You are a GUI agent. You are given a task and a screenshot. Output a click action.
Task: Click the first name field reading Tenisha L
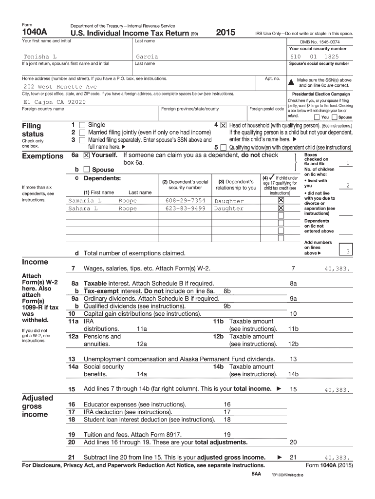(x=40, y=57)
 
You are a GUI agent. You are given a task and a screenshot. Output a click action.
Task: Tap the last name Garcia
(x=147, y=57)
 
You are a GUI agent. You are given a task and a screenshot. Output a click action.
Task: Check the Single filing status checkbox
(x=82, y=125)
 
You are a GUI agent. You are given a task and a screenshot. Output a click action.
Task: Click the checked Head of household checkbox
(x=224, y=125)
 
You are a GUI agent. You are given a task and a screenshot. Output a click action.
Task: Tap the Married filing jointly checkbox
(x=82, y=133)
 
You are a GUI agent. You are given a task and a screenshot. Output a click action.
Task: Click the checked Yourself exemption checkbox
(x=86, y=155)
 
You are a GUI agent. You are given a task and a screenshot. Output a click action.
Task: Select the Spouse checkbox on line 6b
(x=86, y=170)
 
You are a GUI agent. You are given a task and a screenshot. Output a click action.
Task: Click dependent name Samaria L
(x=85, y=201)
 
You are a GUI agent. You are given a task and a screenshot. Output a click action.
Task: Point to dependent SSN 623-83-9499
(x=185, y=209)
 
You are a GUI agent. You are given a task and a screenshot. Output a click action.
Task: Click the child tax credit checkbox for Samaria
(x=281, y=200)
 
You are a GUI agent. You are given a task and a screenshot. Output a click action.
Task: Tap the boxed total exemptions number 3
(x=347, y=251)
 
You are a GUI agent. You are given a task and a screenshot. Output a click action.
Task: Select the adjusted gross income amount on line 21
(x=337, y=458)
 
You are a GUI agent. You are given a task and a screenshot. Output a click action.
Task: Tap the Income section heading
(x=35, y=262)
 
